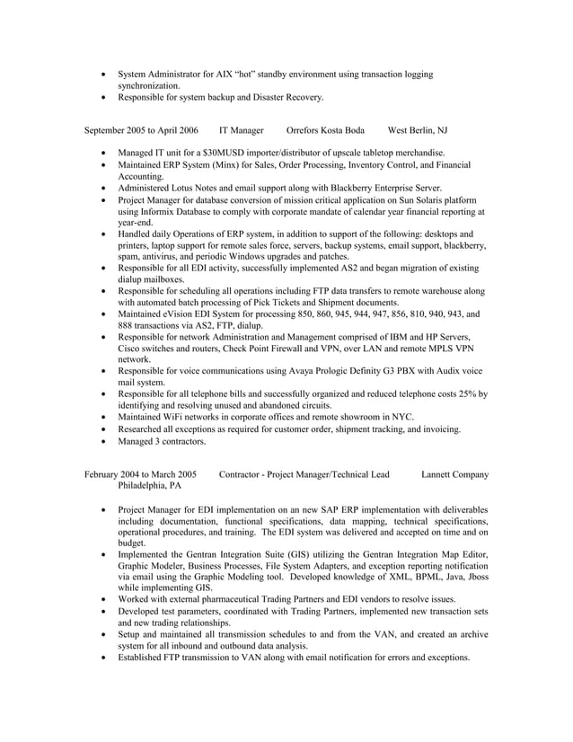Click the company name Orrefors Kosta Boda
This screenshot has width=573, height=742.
[x=325, y=130]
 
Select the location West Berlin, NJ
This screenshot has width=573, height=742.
[x=418, y=130]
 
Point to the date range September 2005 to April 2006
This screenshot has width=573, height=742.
[x=141, y=130]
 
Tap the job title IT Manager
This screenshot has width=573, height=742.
[x=242, y=130]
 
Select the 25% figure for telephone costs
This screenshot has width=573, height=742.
[x=469, y=393]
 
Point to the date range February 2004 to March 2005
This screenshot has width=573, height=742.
[x=141, y=474]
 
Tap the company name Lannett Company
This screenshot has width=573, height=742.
[x=454, y=474]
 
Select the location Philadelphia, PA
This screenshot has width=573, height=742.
[x=149, y=486]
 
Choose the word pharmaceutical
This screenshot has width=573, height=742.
[x=223, y=599]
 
